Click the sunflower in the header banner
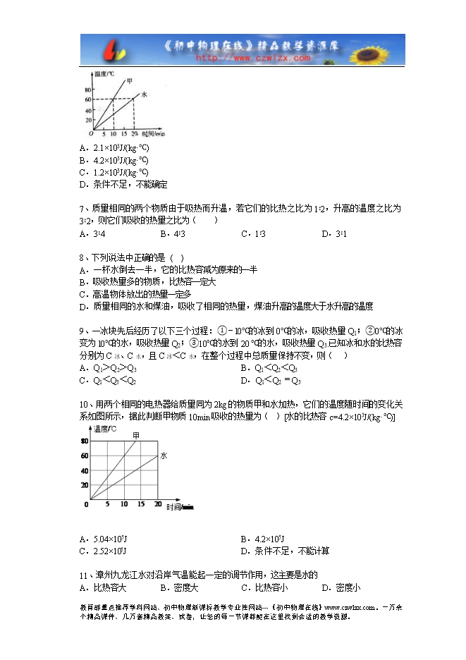pyautogui.click(x=380, y=50)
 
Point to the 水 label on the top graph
pyautogui.click(x=144, y=94)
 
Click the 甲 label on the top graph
pyautogui.click(x=128, y=80)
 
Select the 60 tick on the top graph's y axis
pyautogui.click(x=88, y=99)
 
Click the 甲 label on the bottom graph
pyautogui.click(x=136, y=436)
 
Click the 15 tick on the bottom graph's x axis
pyautogui.click(x=124, y=504)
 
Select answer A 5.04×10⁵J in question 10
pyautogui.click(x=107, y=539)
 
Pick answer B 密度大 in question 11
pyautogui.click(x=180, y=587)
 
